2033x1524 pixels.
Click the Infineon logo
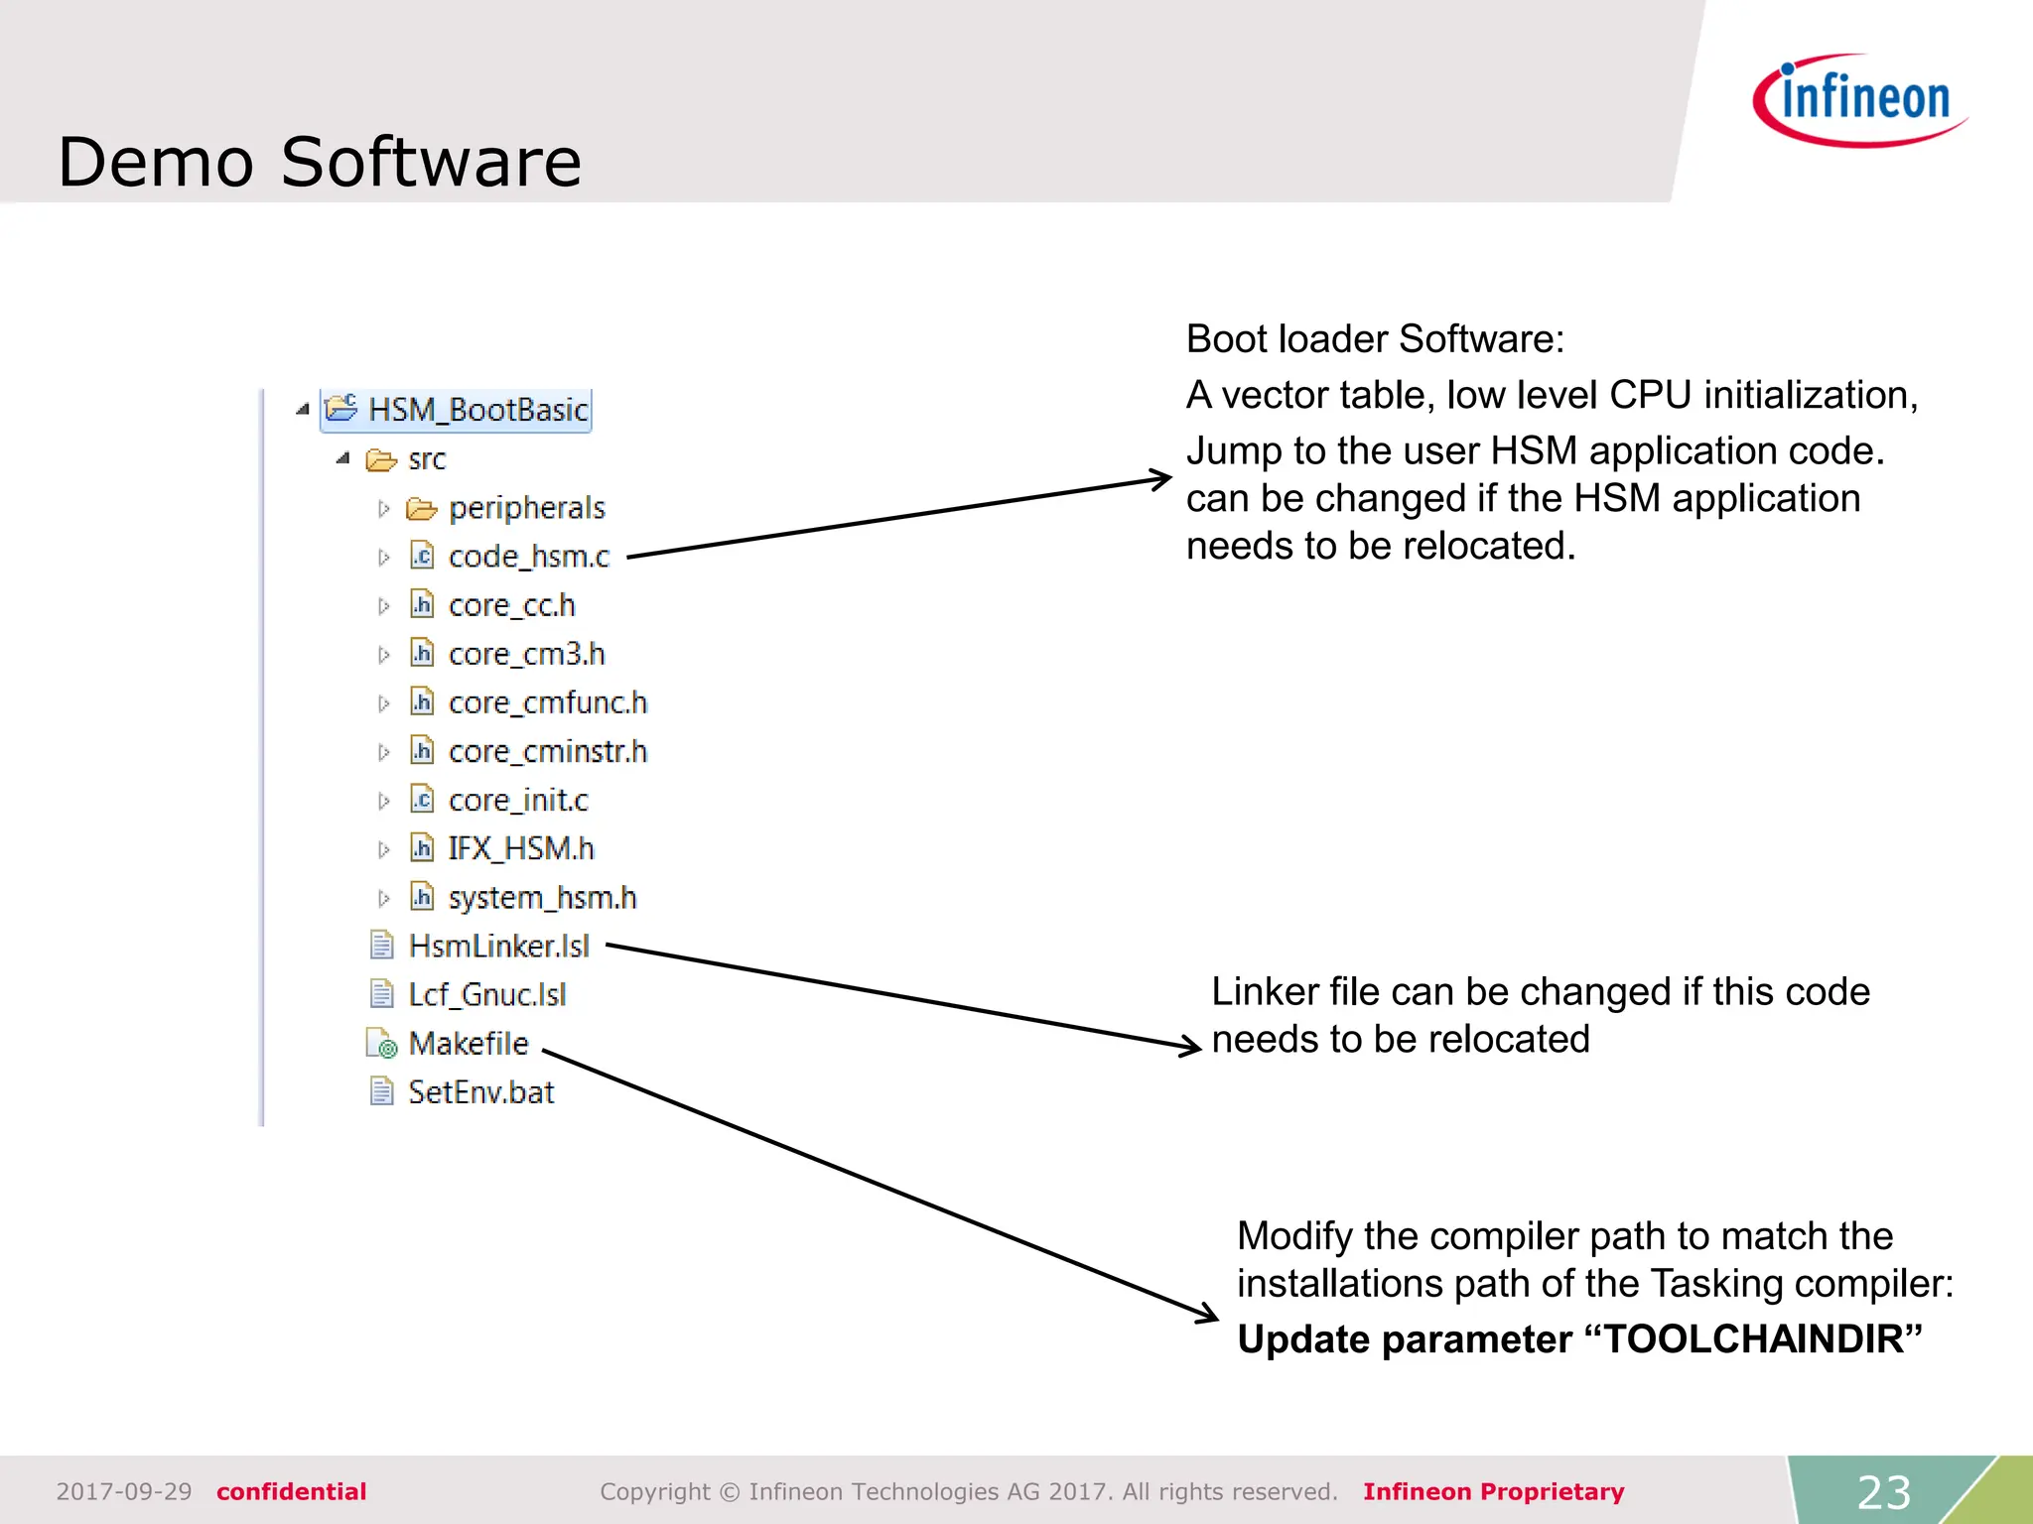1860,100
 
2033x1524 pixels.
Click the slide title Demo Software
320,162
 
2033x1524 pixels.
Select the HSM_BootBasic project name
477,410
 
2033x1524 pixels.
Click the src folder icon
381,459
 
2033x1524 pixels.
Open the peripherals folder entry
526,508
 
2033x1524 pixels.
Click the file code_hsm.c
528,557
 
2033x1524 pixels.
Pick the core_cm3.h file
526,654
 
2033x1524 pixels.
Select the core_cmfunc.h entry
547,702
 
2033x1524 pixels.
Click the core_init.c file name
517,800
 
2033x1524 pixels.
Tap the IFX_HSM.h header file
520,848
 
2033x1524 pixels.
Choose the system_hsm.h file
542,897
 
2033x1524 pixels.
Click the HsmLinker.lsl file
498,946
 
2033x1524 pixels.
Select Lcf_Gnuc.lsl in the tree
486,994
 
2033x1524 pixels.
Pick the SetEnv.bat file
480,1091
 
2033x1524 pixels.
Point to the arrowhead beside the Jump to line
1161,479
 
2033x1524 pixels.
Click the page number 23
1883,1492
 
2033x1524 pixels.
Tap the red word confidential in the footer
291,1491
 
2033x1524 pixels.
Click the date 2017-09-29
124,1491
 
